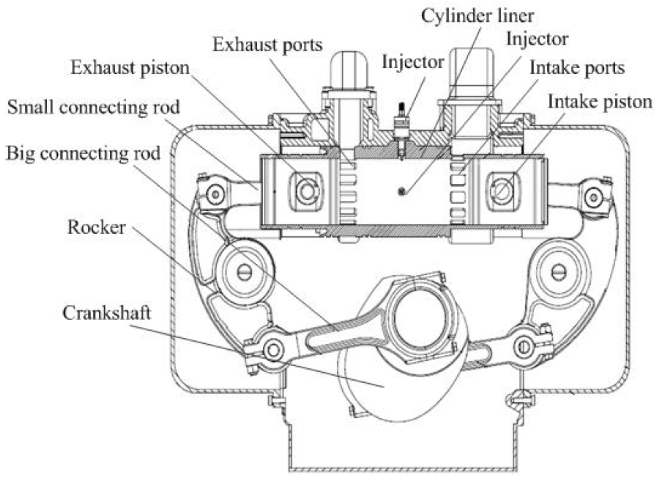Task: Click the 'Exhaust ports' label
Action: (267, 46)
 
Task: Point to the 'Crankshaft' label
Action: (106, 313)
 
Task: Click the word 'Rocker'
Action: (96, 227)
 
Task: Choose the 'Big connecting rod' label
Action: (83, 153)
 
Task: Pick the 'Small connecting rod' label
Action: (93, 107)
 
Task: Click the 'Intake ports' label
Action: (577, 68)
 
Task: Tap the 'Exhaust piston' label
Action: (130, 68)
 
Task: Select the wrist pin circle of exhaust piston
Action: (307, 192)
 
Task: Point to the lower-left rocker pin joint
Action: (273, 350)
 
